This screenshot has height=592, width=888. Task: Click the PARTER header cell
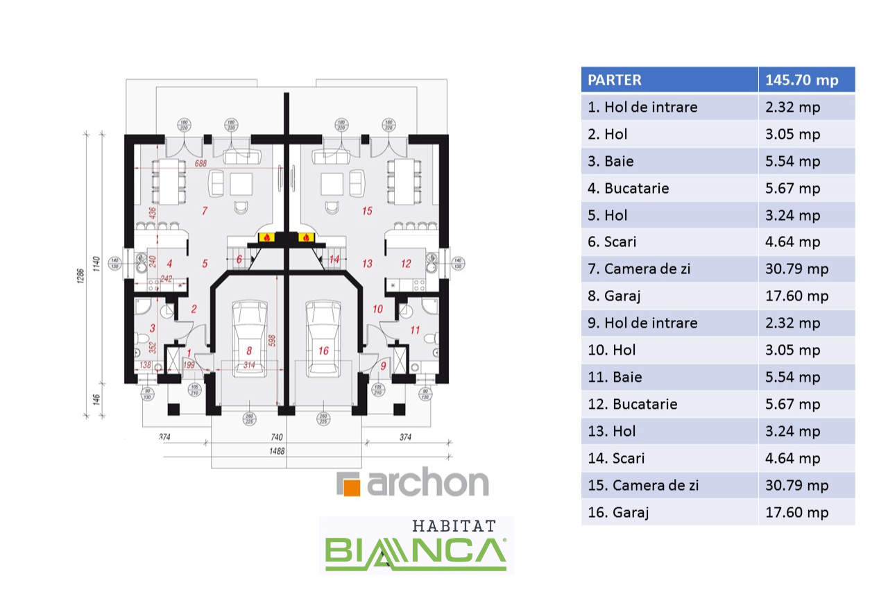tap(615, 80)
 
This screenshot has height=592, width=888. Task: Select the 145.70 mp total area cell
tap(801, 80)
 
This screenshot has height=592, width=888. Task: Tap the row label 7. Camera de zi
tap(639, 269)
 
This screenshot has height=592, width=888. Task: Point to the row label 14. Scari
tap(616, 458)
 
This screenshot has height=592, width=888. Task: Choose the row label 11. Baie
tap(615, 377)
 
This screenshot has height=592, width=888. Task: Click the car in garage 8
tap(249, 338)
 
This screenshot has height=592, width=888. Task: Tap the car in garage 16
tap(324, 338)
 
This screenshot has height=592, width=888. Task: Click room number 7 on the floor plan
tap(204, 209)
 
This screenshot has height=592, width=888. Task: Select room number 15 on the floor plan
tap(367, 209)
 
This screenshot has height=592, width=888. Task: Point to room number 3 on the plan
tap(153, 327)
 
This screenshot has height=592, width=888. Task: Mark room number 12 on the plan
tap(407, 263)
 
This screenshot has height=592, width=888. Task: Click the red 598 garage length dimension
tap(273, 341)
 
